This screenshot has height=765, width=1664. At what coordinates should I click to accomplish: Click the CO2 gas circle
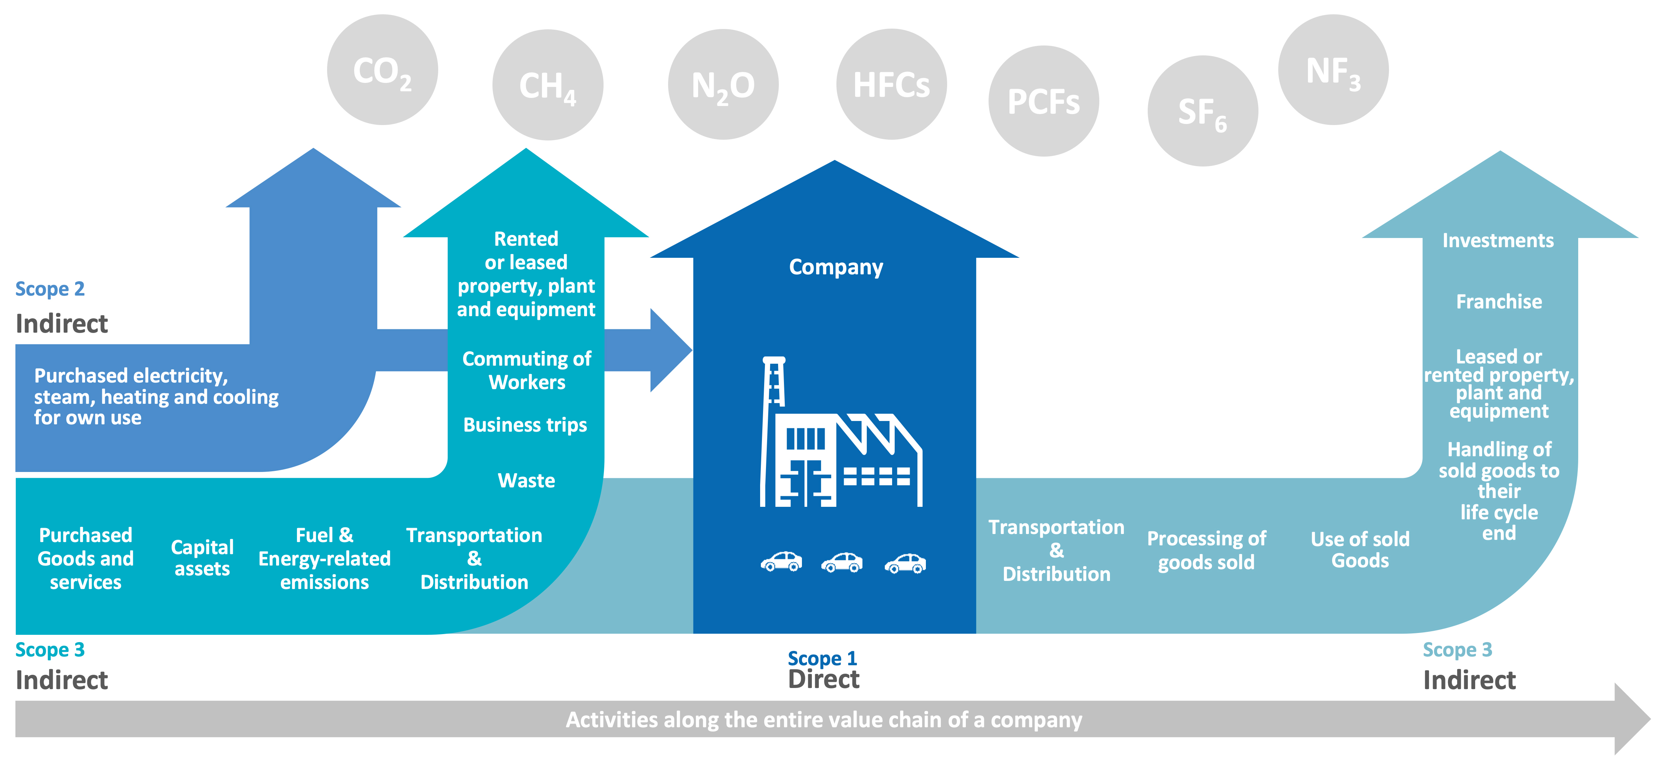pyautogui.click(x=382, y=70)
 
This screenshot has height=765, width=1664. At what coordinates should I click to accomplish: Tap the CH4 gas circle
pyautogui.click(x=548, y=85)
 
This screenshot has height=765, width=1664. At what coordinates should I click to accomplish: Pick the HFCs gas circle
pyautogui.click(x=891, y=84)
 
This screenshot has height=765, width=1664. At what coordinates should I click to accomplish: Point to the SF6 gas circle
pyautogui.click(x=1203, y=111)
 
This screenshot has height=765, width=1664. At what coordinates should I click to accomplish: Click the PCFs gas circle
pyautogui.click(x=1044, y=101)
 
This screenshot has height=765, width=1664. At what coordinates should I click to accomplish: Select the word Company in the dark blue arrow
pyautogui.click(x=836, y=267)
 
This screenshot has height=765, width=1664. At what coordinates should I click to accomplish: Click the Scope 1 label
pyautogui.click(x=822, y=658)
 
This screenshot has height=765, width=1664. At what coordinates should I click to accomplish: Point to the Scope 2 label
pyautogui.click(x=50, y=289)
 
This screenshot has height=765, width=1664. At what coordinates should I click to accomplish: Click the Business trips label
pyautogui.click(x=525, y=425)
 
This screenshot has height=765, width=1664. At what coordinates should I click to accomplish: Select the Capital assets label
pyautogui.click(x=202, y=557)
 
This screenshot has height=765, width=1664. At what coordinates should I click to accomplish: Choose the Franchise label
pyautogui.click(x=1499, y=302)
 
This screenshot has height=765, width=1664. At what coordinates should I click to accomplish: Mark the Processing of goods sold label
pyautogui.click(x=1207, y=550)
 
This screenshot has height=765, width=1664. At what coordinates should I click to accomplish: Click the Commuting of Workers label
pyautogui.click(x=527, y=370)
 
